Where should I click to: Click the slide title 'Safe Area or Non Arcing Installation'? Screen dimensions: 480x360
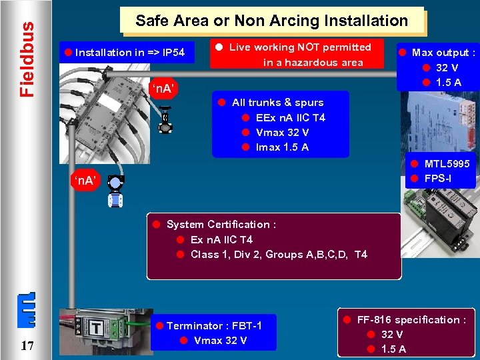coord(271,21)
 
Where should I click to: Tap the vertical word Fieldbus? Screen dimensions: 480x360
coord(27,59)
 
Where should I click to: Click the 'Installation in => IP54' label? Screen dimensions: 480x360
coord(130,52)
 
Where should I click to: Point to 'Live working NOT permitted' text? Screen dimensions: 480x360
coord(300,47)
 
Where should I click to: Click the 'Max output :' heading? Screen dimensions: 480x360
coord(443,52)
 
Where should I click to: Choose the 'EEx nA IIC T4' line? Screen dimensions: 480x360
coord(290,117)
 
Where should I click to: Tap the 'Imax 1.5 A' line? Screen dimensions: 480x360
coord(282,147)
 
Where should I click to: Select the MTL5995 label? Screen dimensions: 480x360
coord(447,163)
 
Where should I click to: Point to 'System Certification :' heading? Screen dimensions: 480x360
coord(221,224)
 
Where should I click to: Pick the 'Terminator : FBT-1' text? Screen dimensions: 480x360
coord(213,325)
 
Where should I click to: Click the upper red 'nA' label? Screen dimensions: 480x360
coord(163,87)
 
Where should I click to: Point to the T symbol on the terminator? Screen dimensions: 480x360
coord(97,329)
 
